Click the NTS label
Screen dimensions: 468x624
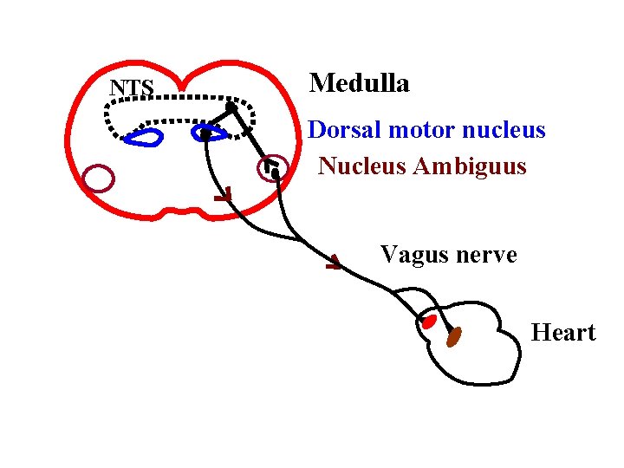[x=132, y=88]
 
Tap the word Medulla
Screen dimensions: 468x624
[x=360, y=83]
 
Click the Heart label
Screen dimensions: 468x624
[x=563, y=333]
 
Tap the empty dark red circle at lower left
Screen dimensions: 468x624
[x=99, y=178]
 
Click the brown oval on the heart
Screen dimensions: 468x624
[x=453, y=336]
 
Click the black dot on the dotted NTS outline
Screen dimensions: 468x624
[x=231, y=107]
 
